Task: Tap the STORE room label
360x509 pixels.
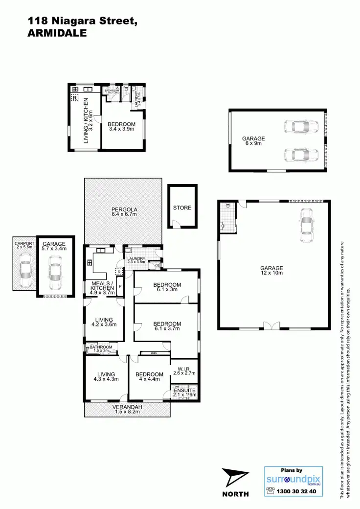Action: click(x=182, y=208)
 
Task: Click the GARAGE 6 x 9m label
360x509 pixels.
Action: click(x=253, y=141)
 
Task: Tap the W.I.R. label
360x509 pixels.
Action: click(x=184, y=369)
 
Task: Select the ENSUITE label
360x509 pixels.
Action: click(x=185, y=390)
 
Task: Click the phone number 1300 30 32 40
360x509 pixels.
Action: click(x=296, y=491)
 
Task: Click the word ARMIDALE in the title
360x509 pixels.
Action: click(x=57, y=33)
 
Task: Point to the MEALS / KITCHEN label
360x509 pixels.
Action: click(x=102, y=288)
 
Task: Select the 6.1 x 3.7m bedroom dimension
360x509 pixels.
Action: click(x=167, y=329)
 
